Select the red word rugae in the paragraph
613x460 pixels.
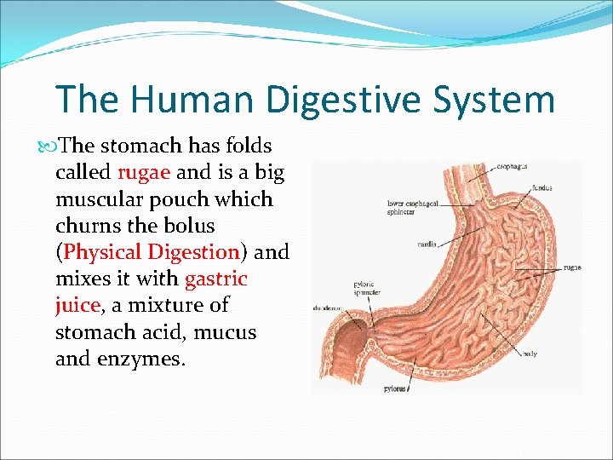click(x=145, y=172)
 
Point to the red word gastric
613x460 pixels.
click(x=215, y=279)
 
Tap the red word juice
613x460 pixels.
click(x=77, y=305)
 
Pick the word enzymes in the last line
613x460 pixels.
click(x=138, y=358)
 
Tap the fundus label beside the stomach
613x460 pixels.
click(x=541, y=187)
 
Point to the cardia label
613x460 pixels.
click(x=427, y=244)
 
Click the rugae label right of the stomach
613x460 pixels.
click(x=571, y=267)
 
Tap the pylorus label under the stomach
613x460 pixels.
click(x=394, y=388)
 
